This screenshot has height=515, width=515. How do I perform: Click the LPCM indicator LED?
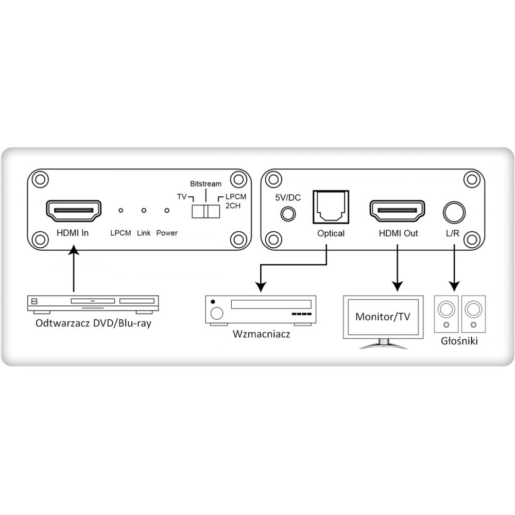pyautogui.click(x=121, y=211)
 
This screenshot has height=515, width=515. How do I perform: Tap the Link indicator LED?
pyautogui.click(x=144, y=211)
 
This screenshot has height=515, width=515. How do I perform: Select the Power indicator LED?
pyautogui.click(x=166, y=211)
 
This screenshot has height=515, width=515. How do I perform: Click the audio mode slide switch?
pyautogui.click(x=205, y=212)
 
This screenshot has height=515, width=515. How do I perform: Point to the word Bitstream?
pyautogui.click(x=205, y=184)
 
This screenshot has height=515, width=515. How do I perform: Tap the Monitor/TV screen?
pyautogui.click(x=383, y=316)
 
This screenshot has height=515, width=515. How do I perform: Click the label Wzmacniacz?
pyautogui.click(x=262, y=334)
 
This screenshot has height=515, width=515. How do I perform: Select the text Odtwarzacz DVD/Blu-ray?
pyautogui.click(x=93, y=324)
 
